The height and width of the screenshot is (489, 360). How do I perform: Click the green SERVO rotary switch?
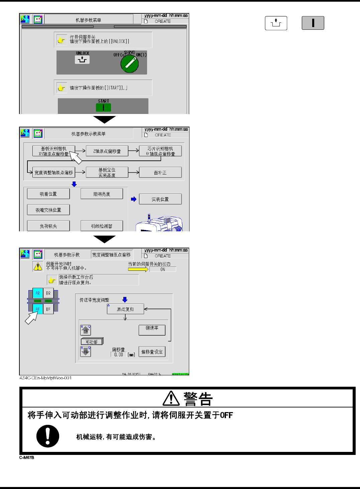coord(130,64)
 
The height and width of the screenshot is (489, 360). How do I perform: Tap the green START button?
coord(103,107)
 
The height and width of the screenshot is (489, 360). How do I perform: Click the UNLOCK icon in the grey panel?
coord(82,59)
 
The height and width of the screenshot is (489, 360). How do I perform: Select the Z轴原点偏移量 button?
coord(107,151)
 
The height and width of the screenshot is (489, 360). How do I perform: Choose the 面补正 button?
coord(160,172)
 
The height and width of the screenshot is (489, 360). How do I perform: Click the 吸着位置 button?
coord(48,194)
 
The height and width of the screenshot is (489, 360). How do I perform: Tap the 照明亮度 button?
coord(102,194)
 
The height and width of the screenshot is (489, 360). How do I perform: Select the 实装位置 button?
coord(160,199)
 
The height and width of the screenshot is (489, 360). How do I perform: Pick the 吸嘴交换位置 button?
coord(48,210)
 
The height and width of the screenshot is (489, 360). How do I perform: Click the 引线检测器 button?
coord(102,226)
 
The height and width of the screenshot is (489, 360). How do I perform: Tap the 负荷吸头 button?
coord(48,226)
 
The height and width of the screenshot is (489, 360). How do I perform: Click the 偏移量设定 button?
coord(152,352)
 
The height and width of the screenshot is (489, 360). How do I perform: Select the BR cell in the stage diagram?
coord(48,293)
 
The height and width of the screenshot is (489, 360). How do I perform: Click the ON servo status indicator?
coord(162,269)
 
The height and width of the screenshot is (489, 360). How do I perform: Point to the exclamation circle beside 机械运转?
coord(48,436)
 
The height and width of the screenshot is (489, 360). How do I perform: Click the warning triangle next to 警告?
coord(171,398)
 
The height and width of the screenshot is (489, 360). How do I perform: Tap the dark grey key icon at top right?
coord(313,23)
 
